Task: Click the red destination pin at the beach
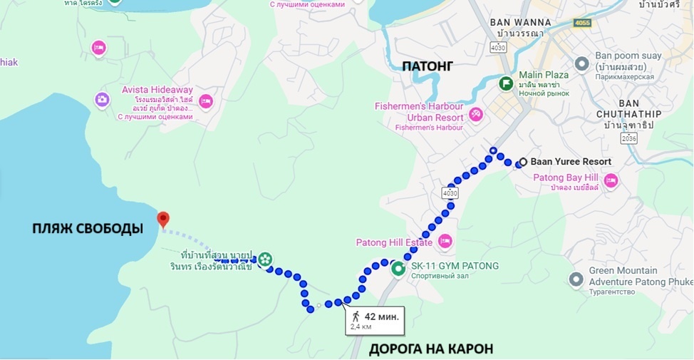[163, 219]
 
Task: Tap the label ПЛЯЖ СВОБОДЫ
[88, 229]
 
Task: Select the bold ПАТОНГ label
[428, 66]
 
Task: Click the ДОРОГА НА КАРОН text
[430, 349]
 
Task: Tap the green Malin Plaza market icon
[506, 83]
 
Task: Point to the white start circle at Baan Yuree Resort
[523, 162]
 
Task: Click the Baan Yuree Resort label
[571, 162]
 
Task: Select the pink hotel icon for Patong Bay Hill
[611, 180]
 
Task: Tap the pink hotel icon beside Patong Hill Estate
[445, 241]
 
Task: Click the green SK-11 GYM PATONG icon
[398, 269]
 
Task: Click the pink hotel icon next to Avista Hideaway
[206, 101]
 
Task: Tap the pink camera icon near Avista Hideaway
[102, 99]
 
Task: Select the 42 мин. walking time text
[382, 317]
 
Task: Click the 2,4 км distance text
[361, 327]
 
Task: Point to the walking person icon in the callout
[356, 317]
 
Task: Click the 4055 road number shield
[583, 23]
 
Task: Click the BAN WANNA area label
[517, 22]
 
